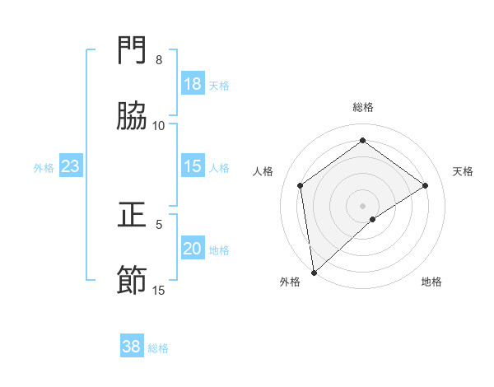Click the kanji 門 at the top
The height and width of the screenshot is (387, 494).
tap(133, 51)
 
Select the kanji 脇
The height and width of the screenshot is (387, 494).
tap(133, 116)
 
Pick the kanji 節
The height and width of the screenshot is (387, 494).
tap(133, 280)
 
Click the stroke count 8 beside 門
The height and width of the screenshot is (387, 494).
tap(159, 60)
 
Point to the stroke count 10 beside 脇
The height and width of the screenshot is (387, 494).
tap(159, 125)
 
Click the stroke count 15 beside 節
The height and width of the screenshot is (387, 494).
tap(159, 290)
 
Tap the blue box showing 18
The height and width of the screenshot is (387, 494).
tap(192, 84)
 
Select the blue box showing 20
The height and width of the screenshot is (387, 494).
tap(192, 249)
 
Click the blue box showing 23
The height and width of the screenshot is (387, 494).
tap(71, 166)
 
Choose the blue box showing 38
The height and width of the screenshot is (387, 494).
tap(132, 347)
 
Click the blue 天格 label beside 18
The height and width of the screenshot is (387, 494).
tap(219, 86)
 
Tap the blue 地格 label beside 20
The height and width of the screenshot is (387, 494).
tap(219, 250)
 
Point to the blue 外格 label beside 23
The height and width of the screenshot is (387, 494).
tap(44, 168)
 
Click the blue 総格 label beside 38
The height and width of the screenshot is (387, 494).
tap(158, 348)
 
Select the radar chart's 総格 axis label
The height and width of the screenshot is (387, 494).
tap(363, 107)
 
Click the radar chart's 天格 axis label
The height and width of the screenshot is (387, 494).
tap(464, 171)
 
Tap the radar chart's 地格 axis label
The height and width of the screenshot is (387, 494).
tap(431, 282)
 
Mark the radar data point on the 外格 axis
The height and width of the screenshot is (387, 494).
tap(313, 273)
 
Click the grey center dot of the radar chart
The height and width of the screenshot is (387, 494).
tap(363, 205)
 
